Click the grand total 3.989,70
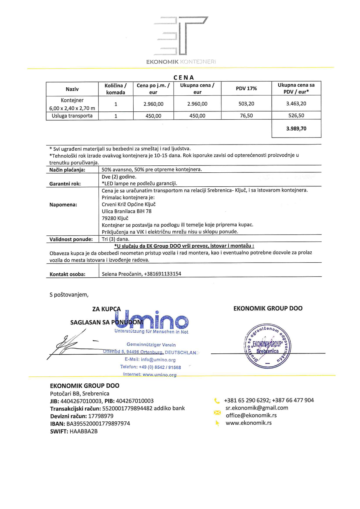(x=296, y=129)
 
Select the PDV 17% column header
(x=246, y=89)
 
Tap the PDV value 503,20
(x=246, y=104)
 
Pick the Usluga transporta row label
(x=72, y=116)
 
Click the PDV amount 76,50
(x=246, y=115)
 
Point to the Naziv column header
(x=72, y=89)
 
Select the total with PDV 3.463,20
(x=296, y=104)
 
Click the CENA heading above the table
(x=183, y=77)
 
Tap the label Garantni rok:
(x=65, y=184)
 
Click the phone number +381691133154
(x=163, y=274)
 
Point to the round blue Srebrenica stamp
(x=267, y=346)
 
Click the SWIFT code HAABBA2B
(x=84, y=431)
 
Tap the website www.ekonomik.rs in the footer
(x=249, y=423)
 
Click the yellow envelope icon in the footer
(x=217, y=412)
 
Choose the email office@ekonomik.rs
(x=251, y=415)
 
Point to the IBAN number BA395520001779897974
(x=98, y=423)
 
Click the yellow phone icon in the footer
(x=217, y=401)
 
